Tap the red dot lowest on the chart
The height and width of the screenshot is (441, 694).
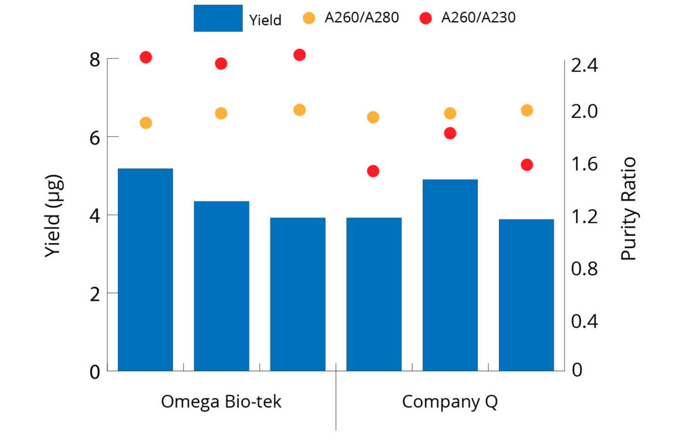tap(373, 171)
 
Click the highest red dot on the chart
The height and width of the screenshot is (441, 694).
tap(300, 55)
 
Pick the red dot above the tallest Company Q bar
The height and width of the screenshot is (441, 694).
tap(450, 133)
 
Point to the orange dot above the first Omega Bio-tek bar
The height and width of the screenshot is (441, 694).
tap(145, 123)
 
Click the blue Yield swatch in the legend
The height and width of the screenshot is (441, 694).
tap(218, 18)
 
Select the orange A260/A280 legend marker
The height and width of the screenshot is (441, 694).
tap(310, 18)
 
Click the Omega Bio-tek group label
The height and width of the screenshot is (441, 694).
tap(221, 402)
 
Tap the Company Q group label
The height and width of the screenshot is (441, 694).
tap(450, 402)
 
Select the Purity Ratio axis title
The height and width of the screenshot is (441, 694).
tap(628, 209)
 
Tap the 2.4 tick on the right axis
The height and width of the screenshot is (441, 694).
tap(586, 66)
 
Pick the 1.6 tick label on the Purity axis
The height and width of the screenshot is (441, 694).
tap(586, 164)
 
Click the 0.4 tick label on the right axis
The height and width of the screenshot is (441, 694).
tap(586, 320)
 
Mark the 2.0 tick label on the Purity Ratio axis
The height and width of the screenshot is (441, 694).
tap(586, 111)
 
